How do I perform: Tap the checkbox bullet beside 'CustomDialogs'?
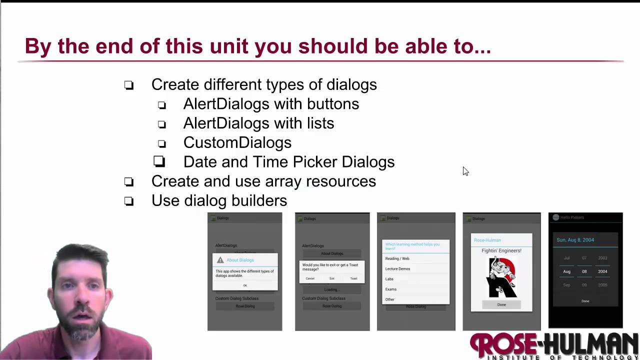(x=161, y=143)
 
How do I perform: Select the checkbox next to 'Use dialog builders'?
(x=129, y=201)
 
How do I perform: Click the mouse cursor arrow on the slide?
(x=465, y=171)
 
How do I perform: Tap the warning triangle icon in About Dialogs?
(x=220, y=260)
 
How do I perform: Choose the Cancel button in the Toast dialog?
(x=310, y=278)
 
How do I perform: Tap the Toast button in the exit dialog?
(x=353, y=278)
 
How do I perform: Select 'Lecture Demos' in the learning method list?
(x=397, y=268)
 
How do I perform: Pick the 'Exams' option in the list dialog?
(x=391, y=289)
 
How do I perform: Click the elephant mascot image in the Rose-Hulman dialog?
(x=501, y=277)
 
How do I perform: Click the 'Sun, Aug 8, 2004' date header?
(x=575, y=240)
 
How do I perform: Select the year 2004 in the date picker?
(x=602, y=271)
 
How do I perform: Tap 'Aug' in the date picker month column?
(x=566, y=271)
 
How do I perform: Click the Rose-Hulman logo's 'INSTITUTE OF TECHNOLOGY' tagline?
(x=555, y=357)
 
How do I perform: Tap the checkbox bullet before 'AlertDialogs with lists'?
(x=161, y=124)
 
